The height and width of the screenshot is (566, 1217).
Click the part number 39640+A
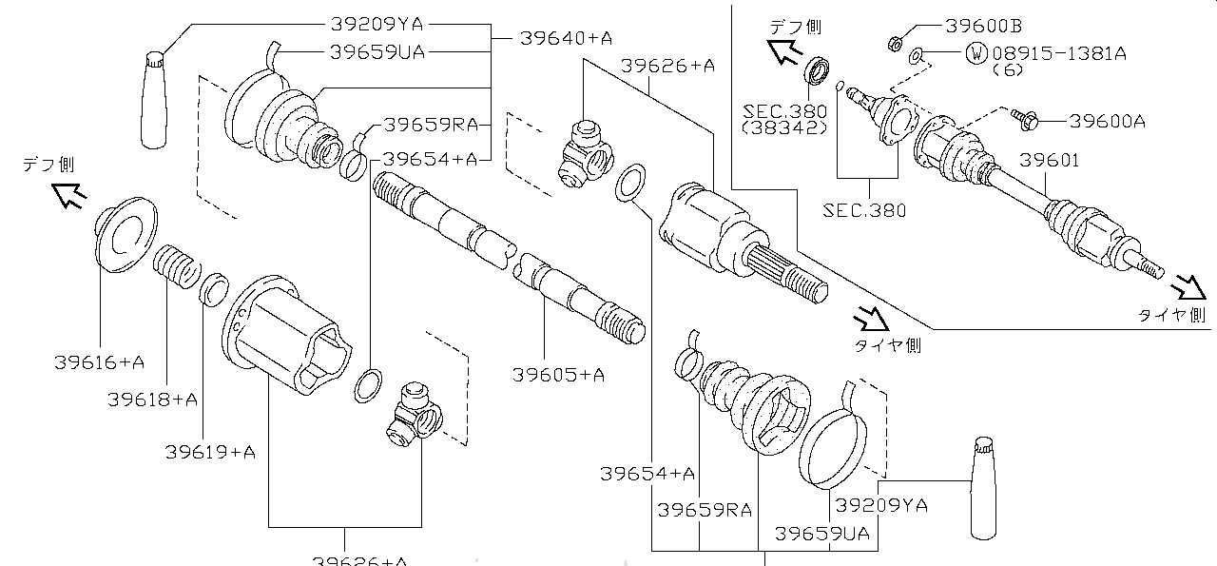[x=566, y=38]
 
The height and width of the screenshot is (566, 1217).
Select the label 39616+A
[x=100, y=362]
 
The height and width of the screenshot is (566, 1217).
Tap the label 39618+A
[x=152, y=400]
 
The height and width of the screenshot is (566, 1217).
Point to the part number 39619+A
[x=210, y=452]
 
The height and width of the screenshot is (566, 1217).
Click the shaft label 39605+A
[x=559, y=375]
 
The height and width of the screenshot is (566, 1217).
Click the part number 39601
[x=1050, y=160]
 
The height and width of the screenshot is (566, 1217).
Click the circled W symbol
[x=976, y=53]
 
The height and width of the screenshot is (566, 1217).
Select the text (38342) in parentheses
[x=784, y=127]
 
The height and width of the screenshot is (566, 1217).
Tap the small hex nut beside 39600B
[x=895, y=42]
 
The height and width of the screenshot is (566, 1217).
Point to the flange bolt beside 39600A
[x=1028, y=119]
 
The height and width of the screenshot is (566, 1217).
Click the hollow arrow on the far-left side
[x=68, y=194]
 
